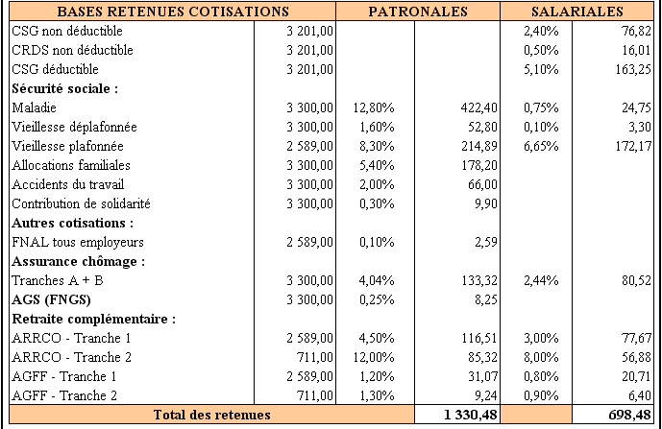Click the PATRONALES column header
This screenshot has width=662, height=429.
pyautogui.click(x=418, y=12)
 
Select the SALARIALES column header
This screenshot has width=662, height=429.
pyautogui.click(x=577, y=12)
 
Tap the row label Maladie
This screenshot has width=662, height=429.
pyautogui.click(x=35, y=107)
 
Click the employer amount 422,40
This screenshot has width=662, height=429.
pyautogui.click(x=478, y=108)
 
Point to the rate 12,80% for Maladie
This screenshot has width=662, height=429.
pyautogui.click(x=374, y=108)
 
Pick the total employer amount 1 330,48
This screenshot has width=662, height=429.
pyautogui.click(x=471, y=415)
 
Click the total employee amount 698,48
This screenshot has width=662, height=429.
pyautogui.click(x=629, y=415)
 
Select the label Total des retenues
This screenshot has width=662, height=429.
pyautogui.click(x=212, y=415)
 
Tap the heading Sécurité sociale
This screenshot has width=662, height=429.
pyautogui.click(x=65, y=88)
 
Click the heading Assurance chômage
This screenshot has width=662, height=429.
pyautogui.click(x=79, y=262)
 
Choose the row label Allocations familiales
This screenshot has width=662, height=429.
pyautogui.click(x=71, y=165)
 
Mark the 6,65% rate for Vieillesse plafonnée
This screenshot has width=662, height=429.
pyautogui.click(x=541, y=147)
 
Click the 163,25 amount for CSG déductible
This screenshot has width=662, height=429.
pyautogui.click(x=633, y=70)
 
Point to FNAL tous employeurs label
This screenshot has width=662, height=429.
pyautogui.click(x=78, y=242)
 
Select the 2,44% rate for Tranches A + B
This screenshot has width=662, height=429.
pyautogui.click(x=541, y=280)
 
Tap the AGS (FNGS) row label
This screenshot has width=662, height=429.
pyautogui.click(x=51, y=300)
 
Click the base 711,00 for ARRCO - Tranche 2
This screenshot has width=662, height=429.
pyautogui.click(x=314, y=357)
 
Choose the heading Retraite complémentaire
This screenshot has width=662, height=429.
pyautogui.click(x=94, y=319)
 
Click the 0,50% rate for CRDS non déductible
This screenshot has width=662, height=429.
pyautogui.click(x=541, y=50)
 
